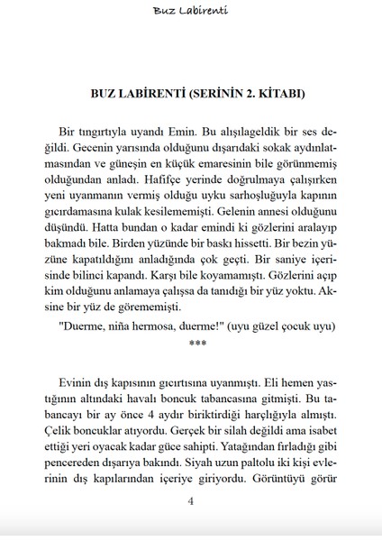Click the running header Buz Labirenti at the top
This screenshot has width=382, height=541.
pos(190,11)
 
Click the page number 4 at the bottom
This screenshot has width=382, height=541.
pos(190,527)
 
